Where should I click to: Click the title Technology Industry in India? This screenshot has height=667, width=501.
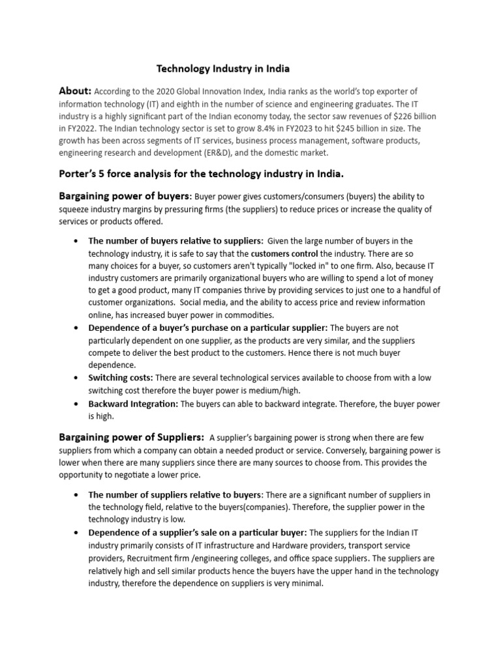(222, 68)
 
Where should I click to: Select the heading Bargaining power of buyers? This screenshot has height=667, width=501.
(125, 196)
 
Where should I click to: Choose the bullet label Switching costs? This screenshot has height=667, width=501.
(121, 378)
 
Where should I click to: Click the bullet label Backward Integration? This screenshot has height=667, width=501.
(133, 404)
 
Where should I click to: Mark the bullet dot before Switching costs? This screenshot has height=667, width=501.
(78, 378)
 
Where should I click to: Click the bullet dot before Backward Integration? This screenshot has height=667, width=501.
(78, 404)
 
